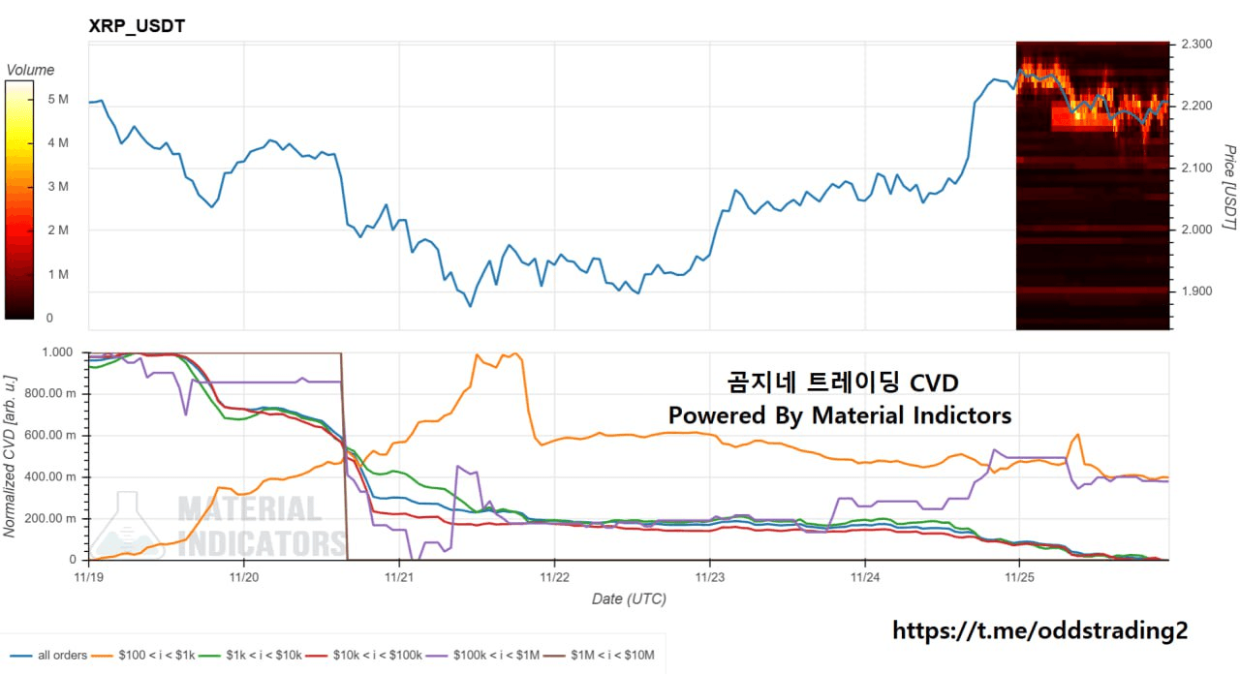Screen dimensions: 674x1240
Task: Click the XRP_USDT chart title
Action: click(137, 26)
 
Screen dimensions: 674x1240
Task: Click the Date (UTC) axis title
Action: click(629, 599)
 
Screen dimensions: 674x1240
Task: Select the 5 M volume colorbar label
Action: click(57, 99)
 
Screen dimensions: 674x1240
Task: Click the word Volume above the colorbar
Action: click(30, 70)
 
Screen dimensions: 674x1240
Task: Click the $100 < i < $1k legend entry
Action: click(151, 656)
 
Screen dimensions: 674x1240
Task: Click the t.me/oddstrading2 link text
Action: click(1038, 630)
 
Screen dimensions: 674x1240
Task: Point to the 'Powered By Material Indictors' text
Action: click(839, 415)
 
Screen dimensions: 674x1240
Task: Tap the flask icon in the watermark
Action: click(128, 528)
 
